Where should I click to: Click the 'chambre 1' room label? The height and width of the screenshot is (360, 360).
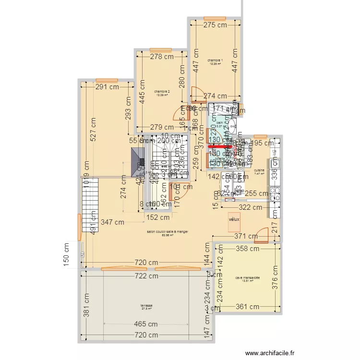click(x=215, y=60)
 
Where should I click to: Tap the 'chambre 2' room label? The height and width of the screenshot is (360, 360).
click(x=162, y=91)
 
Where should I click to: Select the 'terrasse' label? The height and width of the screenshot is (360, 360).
click(x=146, y=306)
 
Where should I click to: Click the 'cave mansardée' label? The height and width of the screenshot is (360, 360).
click(x=247, y=278)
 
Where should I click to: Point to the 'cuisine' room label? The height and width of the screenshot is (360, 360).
click(x=259, y=170)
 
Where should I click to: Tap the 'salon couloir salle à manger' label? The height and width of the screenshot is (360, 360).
click(x=167, y=232)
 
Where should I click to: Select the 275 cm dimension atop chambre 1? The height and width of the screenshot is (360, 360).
click(x=215, y=25)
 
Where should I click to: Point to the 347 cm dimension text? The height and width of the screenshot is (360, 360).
click(x=113, y=222)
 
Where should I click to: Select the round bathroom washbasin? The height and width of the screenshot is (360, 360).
click(x=231, y=127)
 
